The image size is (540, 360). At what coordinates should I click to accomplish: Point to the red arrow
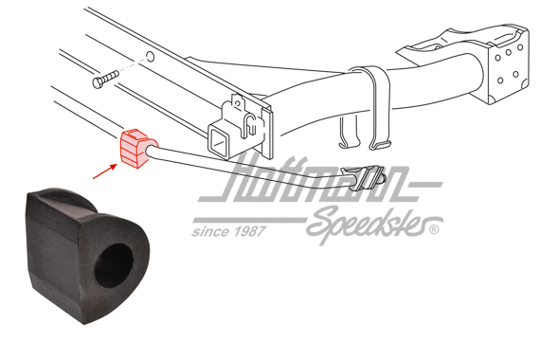pyautogui.click(x=103, y=171)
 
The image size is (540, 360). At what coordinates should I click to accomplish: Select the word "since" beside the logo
pyautogui.click(x=209, y=230)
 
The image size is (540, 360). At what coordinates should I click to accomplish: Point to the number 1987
pyautogui.click(x=248, y=230)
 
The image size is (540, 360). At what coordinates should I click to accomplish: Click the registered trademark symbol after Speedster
pyautogui.click(x=434, y=229)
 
